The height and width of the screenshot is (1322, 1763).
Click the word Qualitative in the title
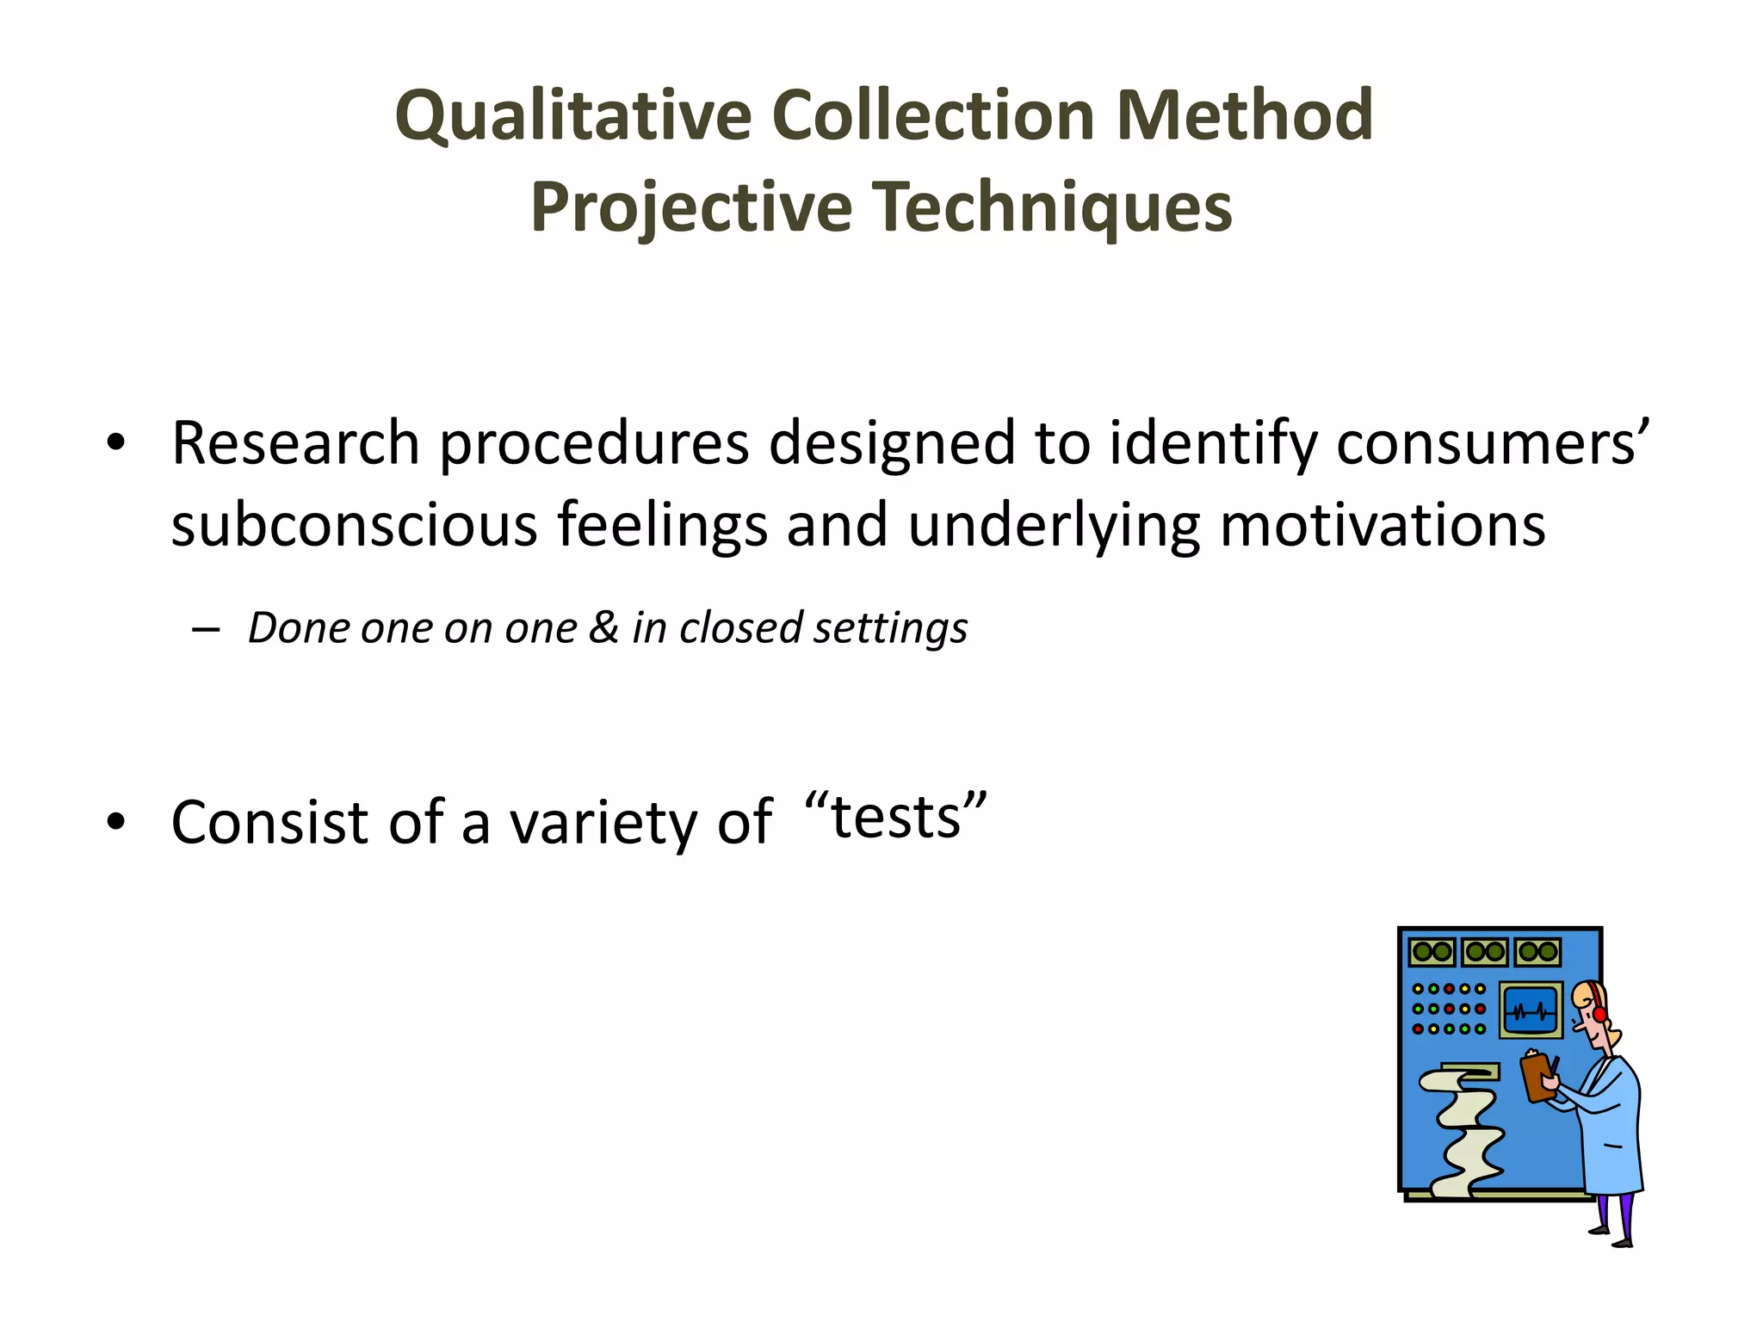tap(573, 116)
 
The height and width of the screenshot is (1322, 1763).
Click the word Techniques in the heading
tap(1054, 207)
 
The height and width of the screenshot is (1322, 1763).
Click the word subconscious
tap(354, 525)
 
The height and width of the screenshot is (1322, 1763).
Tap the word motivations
tap(1383, 525)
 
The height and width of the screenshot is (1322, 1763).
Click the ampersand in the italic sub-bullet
tap(603, 627)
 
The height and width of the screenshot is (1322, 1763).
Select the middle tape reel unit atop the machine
tap(1485, 952)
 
